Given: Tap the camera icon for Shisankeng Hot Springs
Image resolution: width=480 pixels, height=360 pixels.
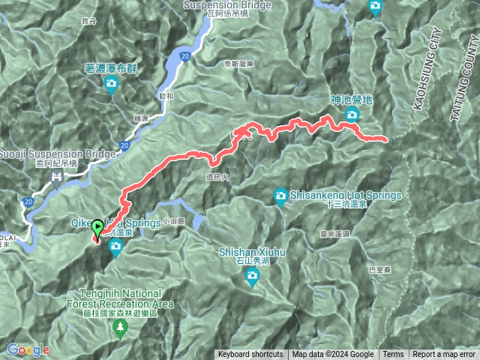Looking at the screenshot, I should click(x=280, y=196).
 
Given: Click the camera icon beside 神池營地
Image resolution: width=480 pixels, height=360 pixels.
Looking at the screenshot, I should click(x=351, y=115).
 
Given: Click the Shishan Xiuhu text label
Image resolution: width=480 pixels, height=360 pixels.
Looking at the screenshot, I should click(x=251, y=253).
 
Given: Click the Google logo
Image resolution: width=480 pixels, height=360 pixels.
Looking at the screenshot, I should click(x=28, y=349).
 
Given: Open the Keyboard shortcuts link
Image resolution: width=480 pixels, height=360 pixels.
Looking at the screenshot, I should click(x=250, y=355).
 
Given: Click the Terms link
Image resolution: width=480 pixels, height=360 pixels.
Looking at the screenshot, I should click(x=392, y=355).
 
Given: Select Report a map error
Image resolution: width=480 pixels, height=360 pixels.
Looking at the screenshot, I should click(x=444, y=355).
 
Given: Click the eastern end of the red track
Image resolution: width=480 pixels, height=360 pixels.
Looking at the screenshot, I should click(x=385, y=139).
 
